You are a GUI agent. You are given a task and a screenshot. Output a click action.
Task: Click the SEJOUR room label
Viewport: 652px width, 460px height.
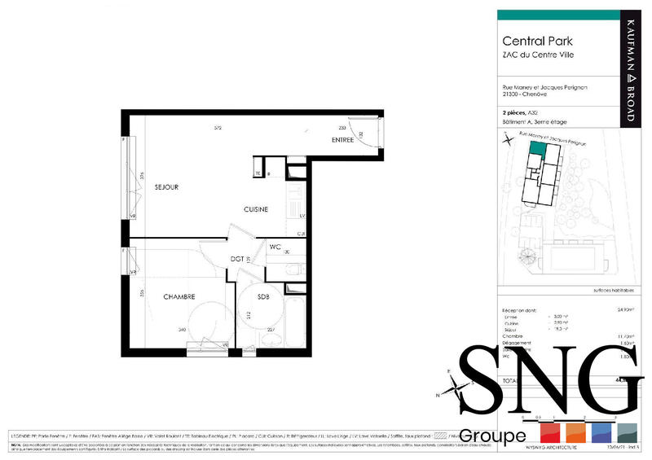pyautogui.click(x=166, y=187)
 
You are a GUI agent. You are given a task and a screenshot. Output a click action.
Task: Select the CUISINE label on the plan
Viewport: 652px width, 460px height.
pyautogui.click(x=256, y=209)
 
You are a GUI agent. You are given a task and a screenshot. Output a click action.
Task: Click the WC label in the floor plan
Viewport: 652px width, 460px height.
pyautogui.click(x=275, y=246)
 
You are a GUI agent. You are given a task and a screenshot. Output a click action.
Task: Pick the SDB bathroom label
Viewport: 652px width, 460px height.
pyautogui.click(x=263, y=296)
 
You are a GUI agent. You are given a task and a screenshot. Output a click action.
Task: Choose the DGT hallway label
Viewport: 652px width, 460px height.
pyautogui.click(x=237, y=259)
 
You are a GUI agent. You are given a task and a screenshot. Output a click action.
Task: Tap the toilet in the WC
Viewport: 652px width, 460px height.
pyautogui.click(x=297, y=269)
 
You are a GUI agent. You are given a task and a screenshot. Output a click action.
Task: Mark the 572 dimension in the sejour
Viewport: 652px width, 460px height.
pyautogui.click(x=218, y=128)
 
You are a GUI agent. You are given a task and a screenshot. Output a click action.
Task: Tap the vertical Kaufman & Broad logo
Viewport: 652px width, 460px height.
pyautogui.click(x=628, y=68)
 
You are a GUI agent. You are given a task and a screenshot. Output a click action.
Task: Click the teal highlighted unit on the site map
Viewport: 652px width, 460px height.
pyautogui.click(x=537, y=148)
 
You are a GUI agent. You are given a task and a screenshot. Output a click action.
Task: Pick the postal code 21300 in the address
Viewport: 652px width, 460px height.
pyautogui.click(x=511, y=94)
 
